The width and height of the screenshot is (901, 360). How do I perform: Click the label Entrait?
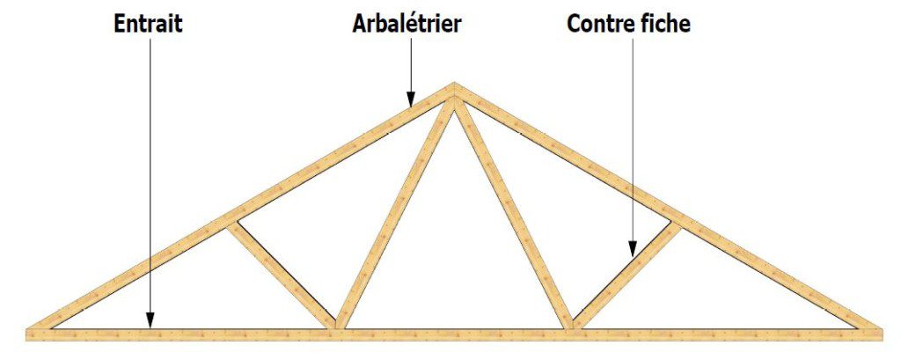(x=148, y=24)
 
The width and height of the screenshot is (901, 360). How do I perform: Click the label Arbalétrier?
(x=407, y=24)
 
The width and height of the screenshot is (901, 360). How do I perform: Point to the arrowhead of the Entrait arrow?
(x=150, y=320)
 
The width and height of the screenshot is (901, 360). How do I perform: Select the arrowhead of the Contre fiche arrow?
(x=632, y=248)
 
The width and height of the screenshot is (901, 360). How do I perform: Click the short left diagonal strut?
(x=282, y=277)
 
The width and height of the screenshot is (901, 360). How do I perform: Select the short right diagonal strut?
(x=627, y=276)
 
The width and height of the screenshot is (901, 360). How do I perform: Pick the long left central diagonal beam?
(x=394, y=214)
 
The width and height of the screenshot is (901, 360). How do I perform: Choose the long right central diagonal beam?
(x=514, y=214)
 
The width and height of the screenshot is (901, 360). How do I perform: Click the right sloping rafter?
(x=668, y=207)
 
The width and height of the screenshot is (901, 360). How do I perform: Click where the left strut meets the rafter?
(x=231, y=224)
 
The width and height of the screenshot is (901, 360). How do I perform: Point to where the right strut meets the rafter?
(x=677, y=224)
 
